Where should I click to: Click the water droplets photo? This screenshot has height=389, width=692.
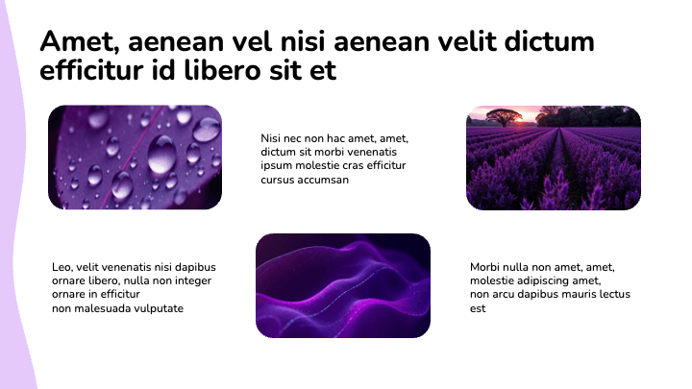[x=135, y=157]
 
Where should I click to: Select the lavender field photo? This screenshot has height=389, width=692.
[x=553, y=158]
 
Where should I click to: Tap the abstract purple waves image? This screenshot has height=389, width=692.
[x=343, y=285]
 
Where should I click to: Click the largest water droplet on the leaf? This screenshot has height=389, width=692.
[x=161, y=154]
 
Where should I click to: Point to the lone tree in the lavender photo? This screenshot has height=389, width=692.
[x=504, y=117]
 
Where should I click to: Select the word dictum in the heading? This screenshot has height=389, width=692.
[x=548, y=42]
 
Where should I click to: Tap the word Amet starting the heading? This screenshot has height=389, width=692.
[x=77, y=42]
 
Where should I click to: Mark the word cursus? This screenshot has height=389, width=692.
[x=278, y=180]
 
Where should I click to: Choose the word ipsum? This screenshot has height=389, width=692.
[x=275, y=166]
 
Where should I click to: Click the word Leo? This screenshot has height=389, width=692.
[x=62, y=267]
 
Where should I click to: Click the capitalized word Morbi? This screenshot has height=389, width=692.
[x=486, y=267]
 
